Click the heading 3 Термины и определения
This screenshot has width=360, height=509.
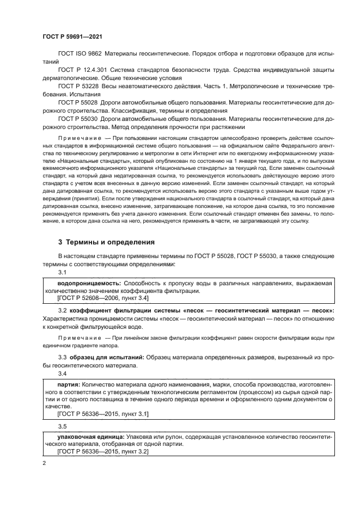[x=106, y=242]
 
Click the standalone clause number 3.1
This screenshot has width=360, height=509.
[x=62, y=272]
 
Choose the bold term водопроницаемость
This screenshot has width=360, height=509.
[x=89, y=284]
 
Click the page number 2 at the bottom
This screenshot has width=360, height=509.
[x=45, y=463]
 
